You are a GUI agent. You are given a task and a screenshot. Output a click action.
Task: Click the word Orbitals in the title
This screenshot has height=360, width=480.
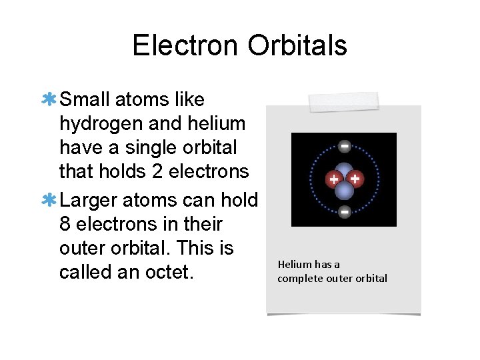[297, 45]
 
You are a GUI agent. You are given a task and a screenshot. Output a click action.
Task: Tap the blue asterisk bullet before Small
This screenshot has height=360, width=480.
[49, 100]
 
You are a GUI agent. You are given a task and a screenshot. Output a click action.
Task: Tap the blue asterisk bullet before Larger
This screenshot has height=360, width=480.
[49, 200]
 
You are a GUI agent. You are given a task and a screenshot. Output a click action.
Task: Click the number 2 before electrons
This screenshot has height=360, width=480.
[157, 171]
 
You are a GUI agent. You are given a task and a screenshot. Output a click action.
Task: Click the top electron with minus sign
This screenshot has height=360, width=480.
[344, 145]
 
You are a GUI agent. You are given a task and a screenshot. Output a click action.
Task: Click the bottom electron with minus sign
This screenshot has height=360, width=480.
[344, 212]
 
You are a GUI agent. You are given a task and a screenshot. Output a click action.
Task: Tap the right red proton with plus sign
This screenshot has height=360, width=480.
[355, 179]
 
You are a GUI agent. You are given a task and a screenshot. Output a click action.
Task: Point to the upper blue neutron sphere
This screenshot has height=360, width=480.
[344, 171]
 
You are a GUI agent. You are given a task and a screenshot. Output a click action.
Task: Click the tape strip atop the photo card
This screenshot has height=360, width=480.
[344, 102]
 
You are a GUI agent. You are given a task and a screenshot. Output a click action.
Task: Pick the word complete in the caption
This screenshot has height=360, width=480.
[300, 279]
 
